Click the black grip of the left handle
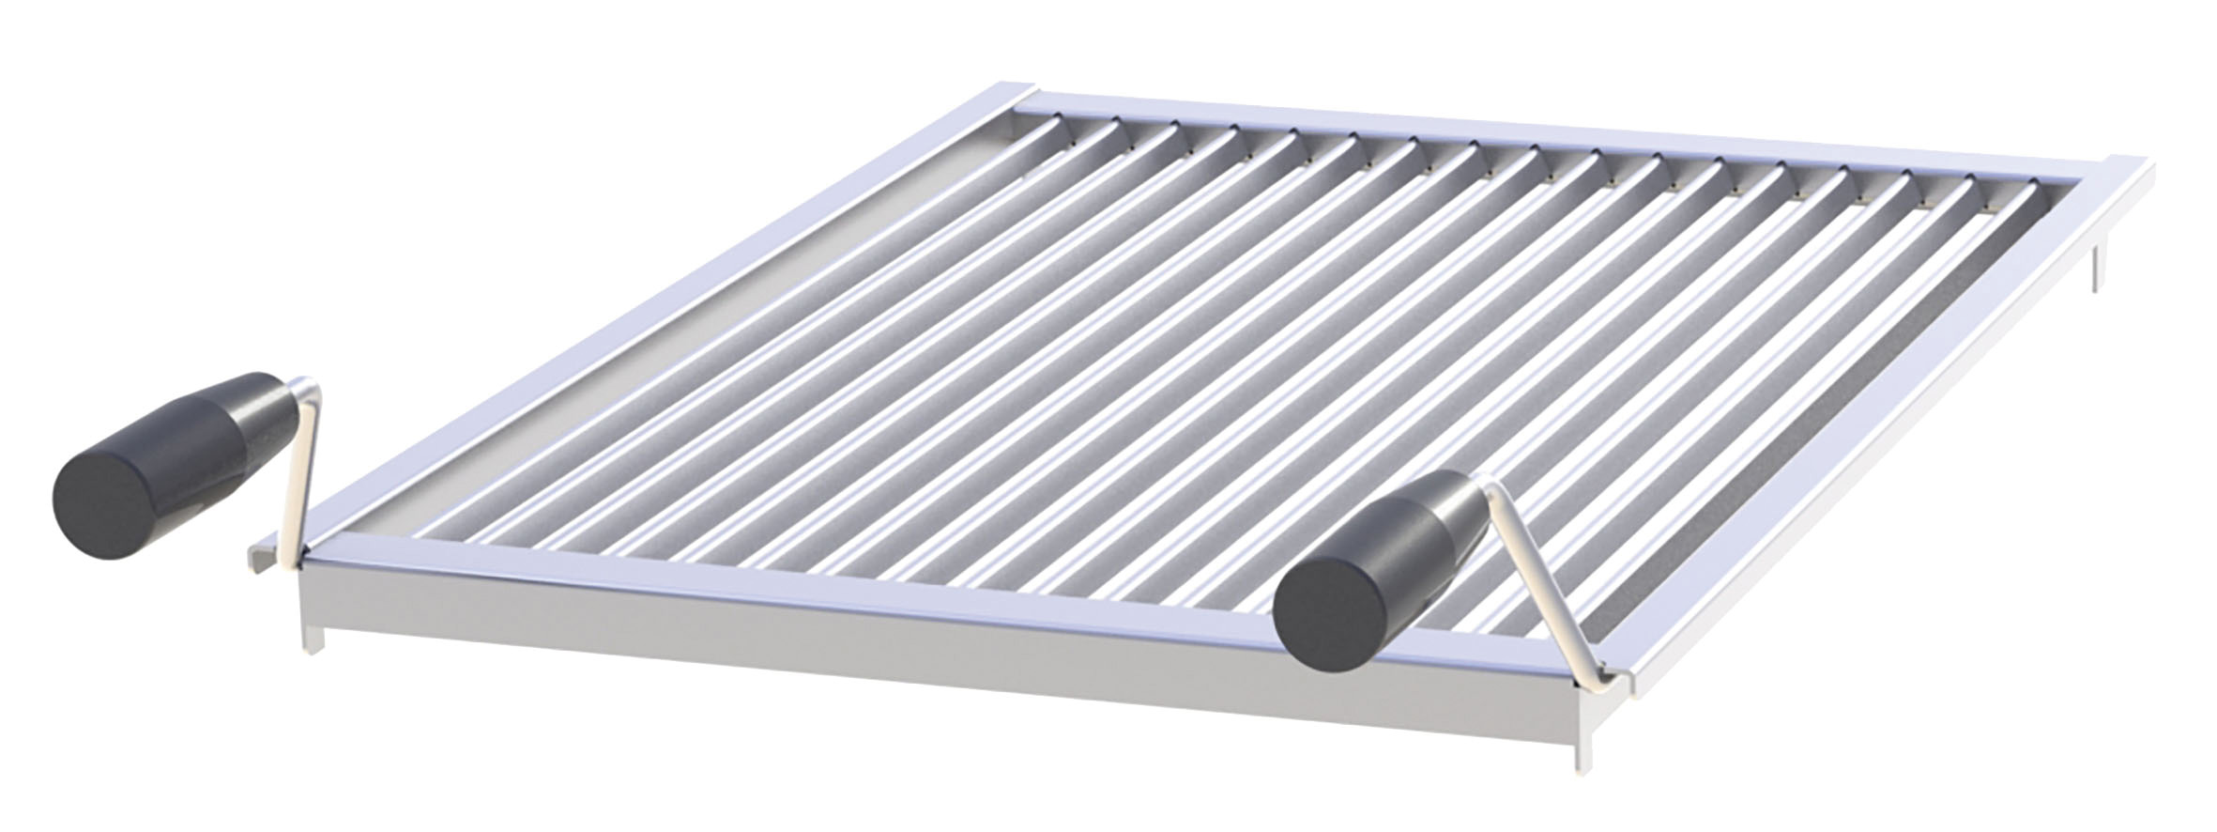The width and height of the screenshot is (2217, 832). tap(178, 441)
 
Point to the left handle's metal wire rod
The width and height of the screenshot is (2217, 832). tap(300, 470)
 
